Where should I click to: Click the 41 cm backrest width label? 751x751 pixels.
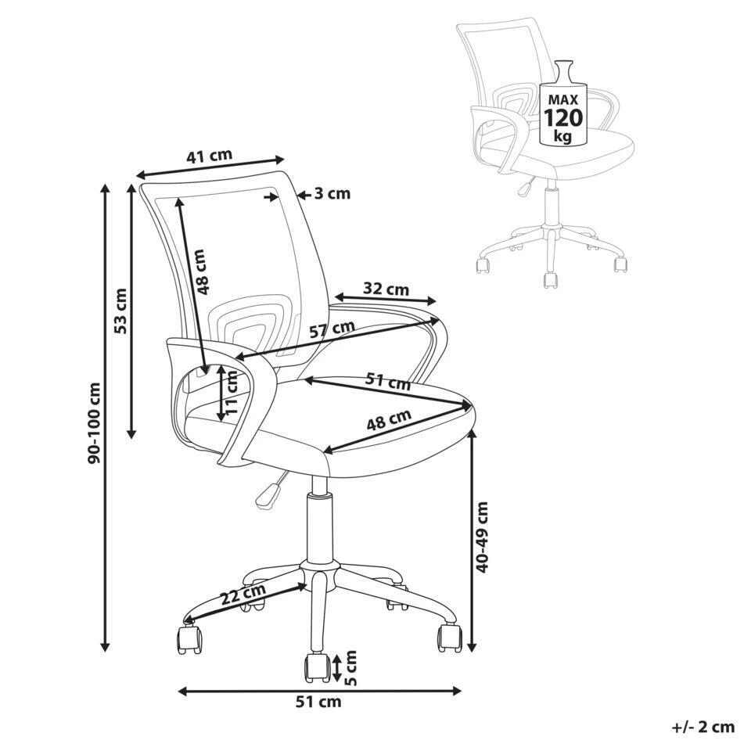209,156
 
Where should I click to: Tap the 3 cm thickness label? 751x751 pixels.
332,194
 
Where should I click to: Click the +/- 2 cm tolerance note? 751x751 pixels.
703,727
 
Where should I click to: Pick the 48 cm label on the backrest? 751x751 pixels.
201,271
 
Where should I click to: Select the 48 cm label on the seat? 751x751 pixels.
389,423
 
